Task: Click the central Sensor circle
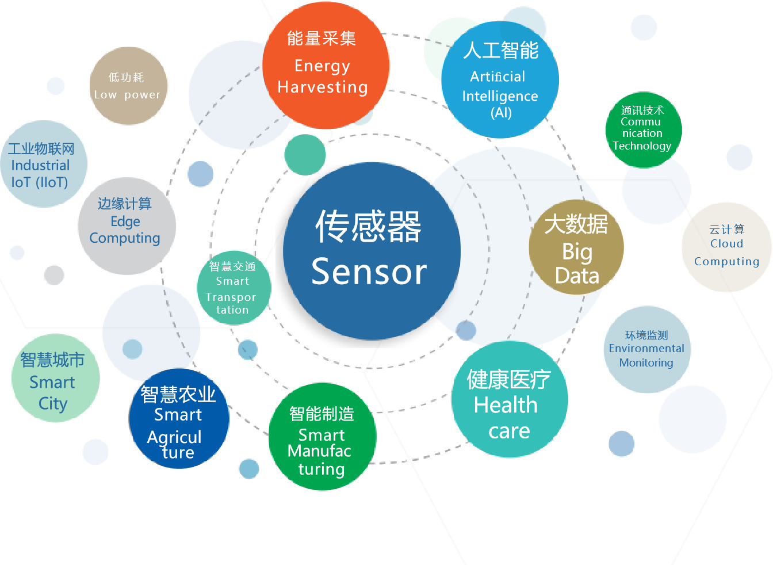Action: tap(371, 251)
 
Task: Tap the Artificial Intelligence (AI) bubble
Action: tap(500, 80)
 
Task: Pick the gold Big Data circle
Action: tap(576, 247)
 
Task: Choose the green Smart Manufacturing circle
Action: tap(322, 437)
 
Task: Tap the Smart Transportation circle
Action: tap(234, 288)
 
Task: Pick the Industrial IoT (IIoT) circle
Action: tap(44, 164)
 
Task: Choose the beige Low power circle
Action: tap(128, 86)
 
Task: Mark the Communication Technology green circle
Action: tap(643, 130)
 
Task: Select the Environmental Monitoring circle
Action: tap(647, 350)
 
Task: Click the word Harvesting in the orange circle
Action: tap(323, 87)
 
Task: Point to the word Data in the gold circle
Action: tap(577, 276)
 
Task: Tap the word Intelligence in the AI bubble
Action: tap(500, 96)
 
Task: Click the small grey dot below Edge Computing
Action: tap(53, 275)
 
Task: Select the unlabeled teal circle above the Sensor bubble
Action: tap(305, 155)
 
